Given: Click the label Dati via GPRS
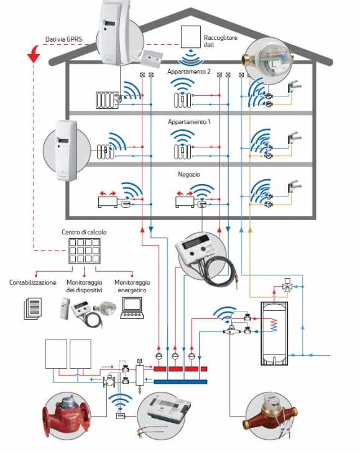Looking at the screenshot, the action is point(63,39).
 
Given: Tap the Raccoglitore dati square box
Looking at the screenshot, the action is point(191,37).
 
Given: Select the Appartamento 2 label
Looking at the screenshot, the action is point(188,72).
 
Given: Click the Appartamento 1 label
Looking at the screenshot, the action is point(189,122).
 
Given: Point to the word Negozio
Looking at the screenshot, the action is point(189,174).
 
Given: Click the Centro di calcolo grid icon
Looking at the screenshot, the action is point(85,251).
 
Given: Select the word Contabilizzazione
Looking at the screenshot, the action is point(33,282).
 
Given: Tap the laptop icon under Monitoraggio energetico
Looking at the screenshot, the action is point(132,308).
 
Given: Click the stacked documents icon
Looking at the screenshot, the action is point(32,308).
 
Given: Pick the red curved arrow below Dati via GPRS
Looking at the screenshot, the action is point(34,54).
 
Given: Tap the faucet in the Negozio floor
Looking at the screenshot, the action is point(294,186).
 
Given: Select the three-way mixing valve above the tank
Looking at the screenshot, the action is point(287,287).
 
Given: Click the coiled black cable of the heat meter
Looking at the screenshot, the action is point(220,271).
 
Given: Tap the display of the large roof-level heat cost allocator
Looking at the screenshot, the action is point(110,24).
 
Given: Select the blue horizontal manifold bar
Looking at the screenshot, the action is point(180,382).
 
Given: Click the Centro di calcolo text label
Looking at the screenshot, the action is point(84,232).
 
